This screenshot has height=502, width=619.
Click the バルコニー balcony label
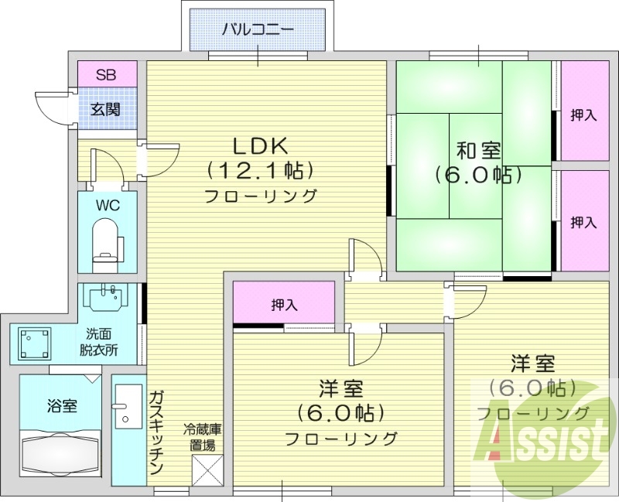pyautogui.click(x=258, y=30)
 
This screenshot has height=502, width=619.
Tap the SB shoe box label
pyautogui.click(x=107, y=75)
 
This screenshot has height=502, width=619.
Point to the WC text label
pyautogui.click(x=107, y=206)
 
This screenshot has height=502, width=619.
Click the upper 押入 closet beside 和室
pyautogui.click(x=583, y=115)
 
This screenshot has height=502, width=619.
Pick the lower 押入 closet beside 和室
pyautogui.click(x=583, y=222)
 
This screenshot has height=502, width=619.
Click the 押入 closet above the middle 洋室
pyautogui.click(x=284, y=305)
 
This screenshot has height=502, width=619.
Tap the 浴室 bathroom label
pyautogui.click(x=62, y=405)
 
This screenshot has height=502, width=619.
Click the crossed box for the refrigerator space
pyautogui.click(x=207, y=469)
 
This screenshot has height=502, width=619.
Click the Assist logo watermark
pyautogui.click(x=545, y=441)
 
